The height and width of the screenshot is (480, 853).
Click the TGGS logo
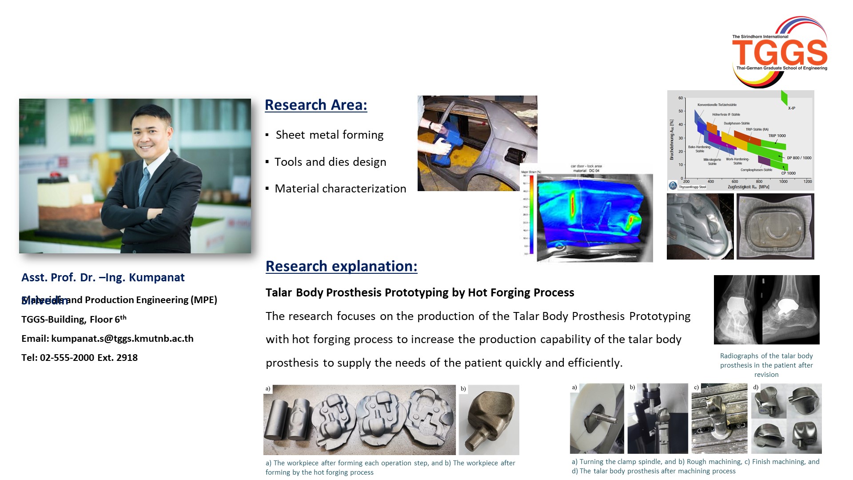[x=780, y=52]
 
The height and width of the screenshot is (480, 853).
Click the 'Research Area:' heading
[x=316, y=105]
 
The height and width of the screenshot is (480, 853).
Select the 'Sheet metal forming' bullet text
[x=329, y=135]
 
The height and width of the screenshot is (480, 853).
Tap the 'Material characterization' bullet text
[x=340, y=188]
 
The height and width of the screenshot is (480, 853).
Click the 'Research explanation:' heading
[x=341, y=266]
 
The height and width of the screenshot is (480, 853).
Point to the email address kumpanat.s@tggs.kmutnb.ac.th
[x=122, y=339]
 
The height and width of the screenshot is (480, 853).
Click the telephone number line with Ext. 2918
[x=80, y=358]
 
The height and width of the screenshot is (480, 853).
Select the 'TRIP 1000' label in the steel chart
[x=777, y=136]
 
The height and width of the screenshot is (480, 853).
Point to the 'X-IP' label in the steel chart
[x=791, y=108]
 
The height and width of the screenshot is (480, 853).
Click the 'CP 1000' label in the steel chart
[x=788, y=173]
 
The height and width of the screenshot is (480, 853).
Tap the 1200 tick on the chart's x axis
[x=807, y=181]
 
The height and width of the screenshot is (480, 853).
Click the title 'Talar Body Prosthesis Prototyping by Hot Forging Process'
[x=420, y=292]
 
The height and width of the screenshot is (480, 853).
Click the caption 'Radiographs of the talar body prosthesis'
[x=766, y=365]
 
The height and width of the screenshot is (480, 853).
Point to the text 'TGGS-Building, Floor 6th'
[x=74, y=319]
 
